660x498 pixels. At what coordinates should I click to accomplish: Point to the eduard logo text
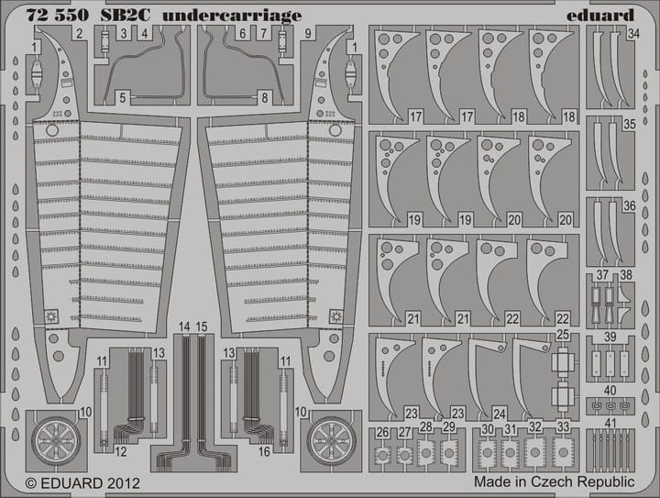pos(600,16)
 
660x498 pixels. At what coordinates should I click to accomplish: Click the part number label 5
pos(122,96)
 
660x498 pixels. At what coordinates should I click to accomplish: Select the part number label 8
pos(264,96)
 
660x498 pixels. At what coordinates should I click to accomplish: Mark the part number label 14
pos(185,327)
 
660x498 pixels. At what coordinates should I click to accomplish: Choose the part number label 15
pos(201,327)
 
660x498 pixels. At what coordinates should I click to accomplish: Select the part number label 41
pos(609,422)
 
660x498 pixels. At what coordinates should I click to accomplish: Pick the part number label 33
pos(562,426)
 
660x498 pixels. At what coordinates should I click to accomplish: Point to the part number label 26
pos(382,432)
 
